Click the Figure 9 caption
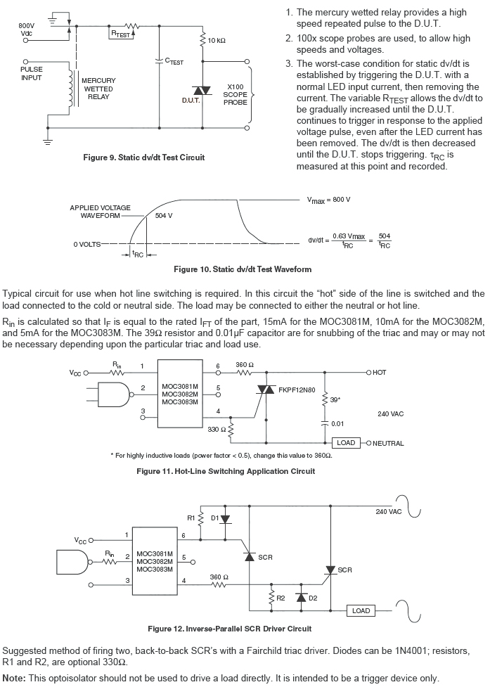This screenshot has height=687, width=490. [143, 158]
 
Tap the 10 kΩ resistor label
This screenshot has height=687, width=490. [217, 41]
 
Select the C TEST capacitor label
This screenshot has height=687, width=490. [174, 62]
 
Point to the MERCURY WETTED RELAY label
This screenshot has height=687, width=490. [98, 89]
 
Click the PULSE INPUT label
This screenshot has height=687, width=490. [31, 74]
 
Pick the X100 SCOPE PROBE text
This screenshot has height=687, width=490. [235, 94]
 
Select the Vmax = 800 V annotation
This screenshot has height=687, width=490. [328, 200]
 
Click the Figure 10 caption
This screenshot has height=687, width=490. [242, 269]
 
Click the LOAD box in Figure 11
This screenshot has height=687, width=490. [346, 443]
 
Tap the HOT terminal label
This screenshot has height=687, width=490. [380, 372]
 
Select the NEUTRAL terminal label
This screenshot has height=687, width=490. [387, 443]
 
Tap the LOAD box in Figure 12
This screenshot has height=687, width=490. [361, 610]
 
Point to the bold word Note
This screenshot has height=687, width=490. [15, 678]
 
